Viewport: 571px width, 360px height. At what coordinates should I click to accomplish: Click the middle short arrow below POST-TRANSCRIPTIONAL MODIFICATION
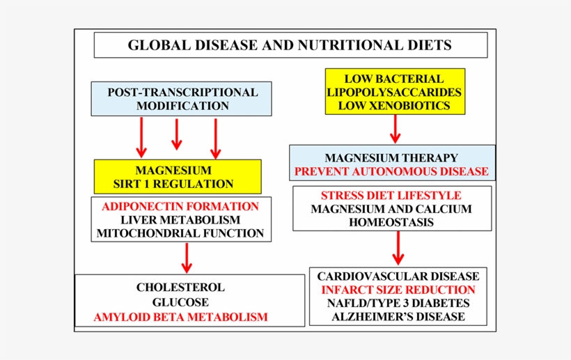point(177,134)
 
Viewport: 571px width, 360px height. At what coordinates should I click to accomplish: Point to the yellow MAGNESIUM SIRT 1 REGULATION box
point(178,177)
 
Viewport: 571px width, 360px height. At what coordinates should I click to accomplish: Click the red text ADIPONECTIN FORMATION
point(180,206)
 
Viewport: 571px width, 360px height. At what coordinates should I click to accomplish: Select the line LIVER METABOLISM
point(180,220)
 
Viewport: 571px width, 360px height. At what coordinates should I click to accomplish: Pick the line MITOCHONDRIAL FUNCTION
point(180,233)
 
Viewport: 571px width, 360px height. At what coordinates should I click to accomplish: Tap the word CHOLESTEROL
point(180,287)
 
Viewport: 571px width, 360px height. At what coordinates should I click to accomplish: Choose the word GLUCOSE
point(180,302)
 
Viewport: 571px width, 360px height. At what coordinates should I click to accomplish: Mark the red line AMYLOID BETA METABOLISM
point(180,317)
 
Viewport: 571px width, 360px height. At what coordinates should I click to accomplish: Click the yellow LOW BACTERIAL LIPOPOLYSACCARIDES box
point(394,85)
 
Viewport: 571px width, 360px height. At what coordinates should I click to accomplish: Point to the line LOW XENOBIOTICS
point(394,106)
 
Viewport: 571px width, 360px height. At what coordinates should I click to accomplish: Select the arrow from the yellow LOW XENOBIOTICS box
point(395,129)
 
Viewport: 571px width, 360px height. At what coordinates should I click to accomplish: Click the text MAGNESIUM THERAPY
point(391,158)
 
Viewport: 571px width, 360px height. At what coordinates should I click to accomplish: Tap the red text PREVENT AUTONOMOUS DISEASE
point(391,171)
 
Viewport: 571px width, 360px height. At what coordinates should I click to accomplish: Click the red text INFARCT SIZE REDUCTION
point(398,290)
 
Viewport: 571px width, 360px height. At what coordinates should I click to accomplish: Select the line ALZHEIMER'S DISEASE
point(398,317)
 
